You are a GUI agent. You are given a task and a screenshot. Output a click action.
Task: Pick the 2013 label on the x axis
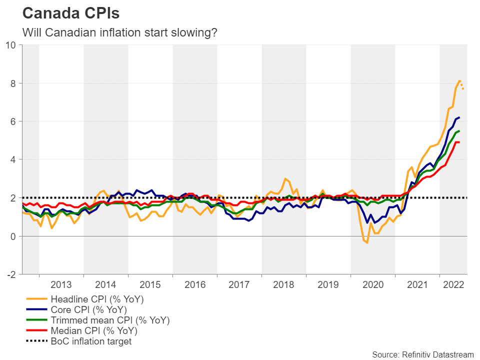tap(61, 284)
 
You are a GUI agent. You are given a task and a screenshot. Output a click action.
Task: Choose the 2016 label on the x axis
tap(195, 284)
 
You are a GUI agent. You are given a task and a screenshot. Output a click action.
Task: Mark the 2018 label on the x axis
tap(284, 284)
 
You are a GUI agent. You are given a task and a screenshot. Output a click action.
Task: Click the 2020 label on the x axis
tap(373, 284)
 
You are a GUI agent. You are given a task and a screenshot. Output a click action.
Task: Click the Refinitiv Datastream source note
tap(422, 354)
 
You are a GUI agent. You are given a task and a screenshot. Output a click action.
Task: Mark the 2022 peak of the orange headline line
tap(459, 80)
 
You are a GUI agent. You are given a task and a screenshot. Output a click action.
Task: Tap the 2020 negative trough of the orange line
tap(366, 242)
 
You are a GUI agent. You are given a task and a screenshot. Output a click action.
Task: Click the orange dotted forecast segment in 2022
tap(463, 86)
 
